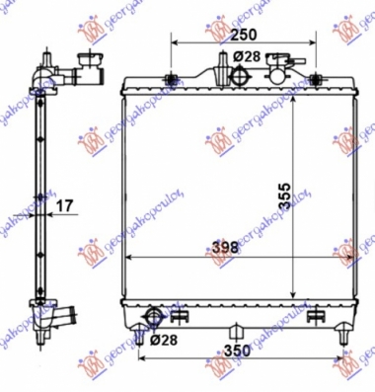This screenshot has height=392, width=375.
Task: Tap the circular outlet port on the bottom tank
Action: point(153,316)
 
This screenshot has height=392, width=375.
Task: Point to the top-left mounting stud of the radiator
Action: point(174,79)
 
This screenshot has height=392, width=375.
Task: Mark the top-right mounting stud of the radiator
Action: point(316,79)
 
